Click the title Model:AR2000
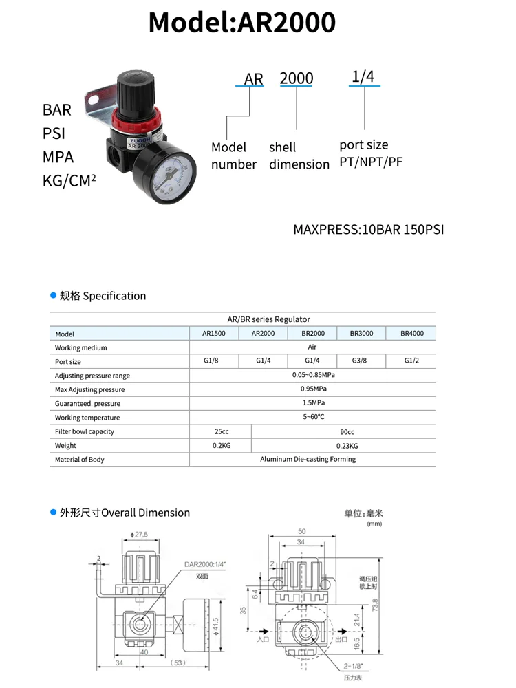click(x=242, y=23)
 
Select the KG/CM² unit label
click(x=69, y=182)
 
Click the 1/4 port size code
click(x=363, y=76)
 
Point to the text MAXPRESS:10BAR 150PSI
click(x=368, y=229)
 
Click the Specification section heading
click(x=103, y=296)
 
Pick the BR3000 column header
click(x=361, y=334)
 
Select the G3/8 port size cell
click(x=361, y=361)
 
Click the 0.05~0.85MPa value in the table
click(x=312, y=376)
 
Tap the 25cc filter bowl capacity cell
click(x=221, y=431)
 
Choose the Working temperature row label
click(x=87, y=418)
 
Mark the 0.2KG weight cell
click(x=221, y=445)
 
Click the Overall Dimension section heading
click(x=124, y=513)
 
